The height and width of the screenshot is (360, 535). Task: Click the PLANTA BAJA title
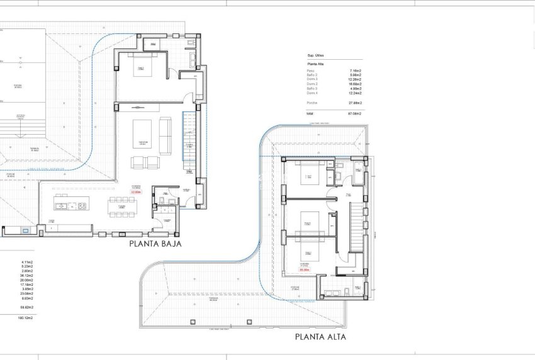click(155, 244)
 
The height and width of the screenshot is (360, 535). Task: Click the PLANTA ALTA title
click(320, 337)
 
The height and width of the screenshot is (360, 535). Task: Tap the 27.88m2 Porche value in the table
click(356, 102)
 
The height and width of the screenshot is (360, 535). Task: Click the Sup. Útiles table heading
click(315, 55)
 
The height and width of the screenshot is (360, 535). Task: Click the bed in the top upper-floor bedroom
click(309, 176)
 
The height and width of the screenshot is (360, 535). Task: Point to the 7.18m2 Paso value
click(356, 70)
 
